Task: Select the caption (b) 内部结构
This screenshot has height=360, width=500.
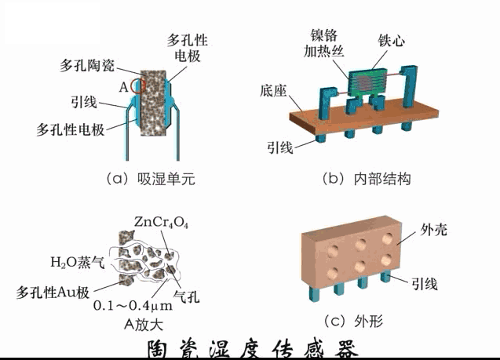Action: (x=366, y=179)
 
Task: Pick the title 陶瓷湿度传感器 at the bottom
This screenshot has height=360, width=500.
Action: (x=250, y=348)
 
